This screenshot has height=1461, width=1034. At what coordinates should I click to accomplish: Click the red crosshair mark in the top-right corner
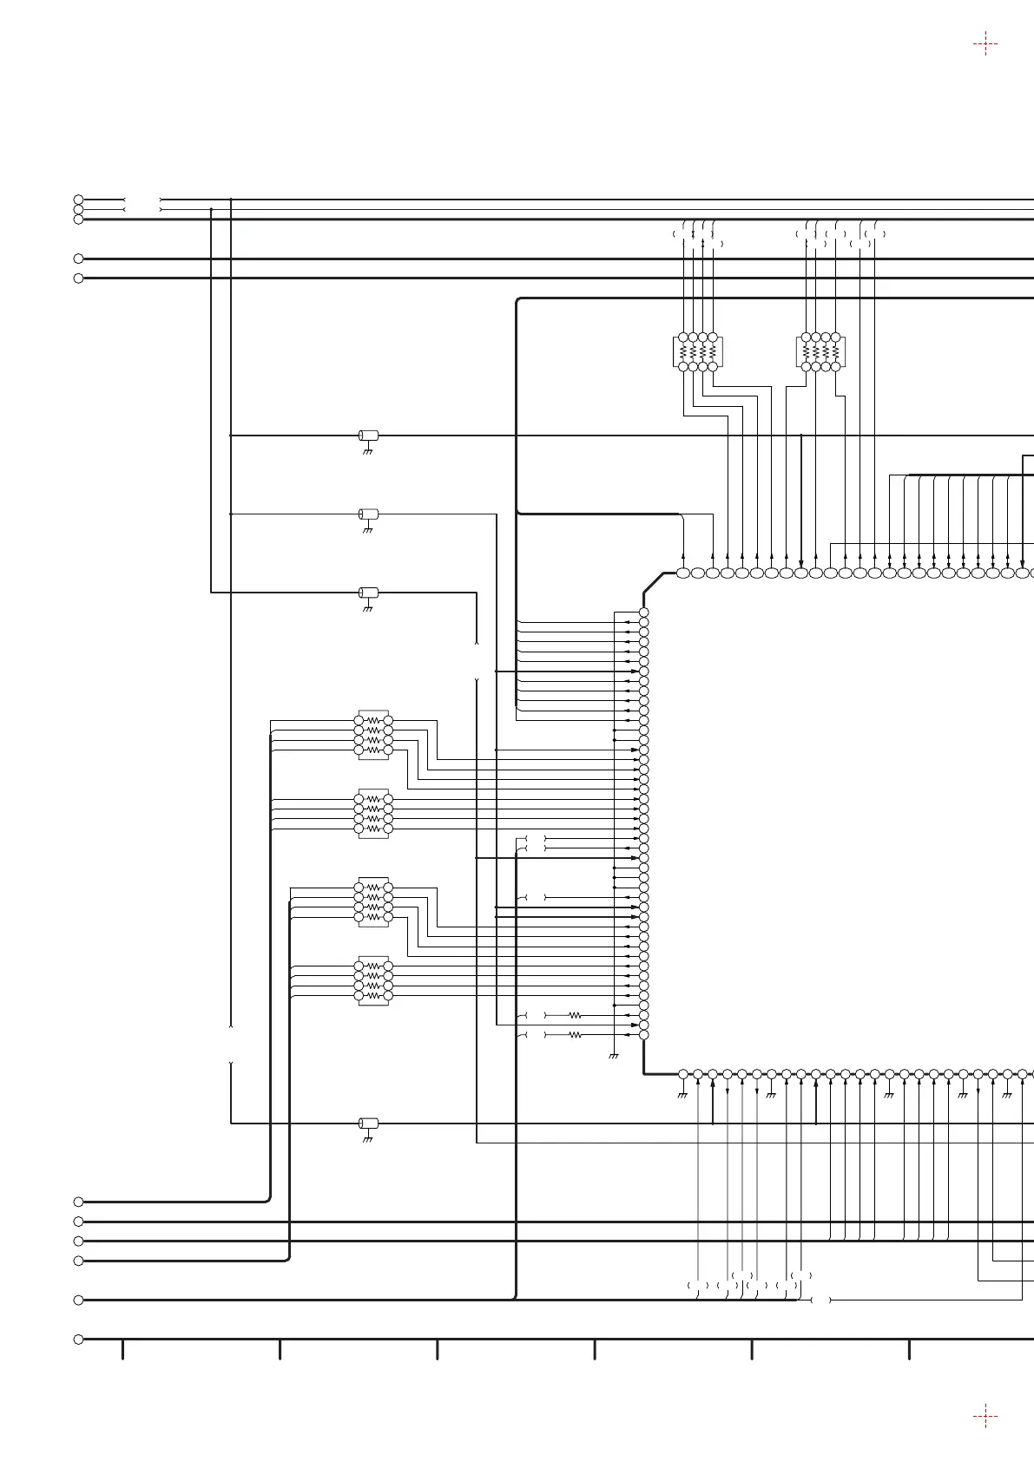pos(985,43)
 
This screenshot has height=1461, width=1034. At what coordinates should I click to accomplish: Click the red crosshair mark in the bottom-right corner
pos(985,1417)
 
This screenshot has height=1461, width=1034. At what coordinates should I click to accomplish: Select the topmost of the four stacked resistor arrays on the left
pos(373,735)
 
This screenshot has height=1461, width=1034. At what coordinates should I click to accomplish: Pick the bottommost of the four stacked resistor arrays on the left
pos(373,981)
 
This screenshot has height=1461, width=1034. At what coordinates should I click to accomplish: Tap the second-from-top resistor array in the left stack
pos(373,814)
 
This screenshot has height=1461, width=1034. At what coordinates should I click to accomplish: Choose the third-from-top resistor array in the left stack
pos(373,902)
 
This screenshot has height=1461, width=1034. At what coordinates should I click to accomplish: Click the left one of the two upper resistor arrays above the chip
pos(698,352)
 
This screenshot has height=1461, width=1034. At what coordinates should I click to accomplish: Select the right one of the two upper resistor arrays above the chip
pos(820,352)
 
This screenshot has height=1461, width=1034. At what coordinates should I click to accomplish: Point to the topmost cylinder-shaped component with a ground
pos(368,436)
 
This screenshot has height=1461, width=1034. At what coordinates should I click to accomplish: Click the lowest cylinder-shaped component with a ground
pos(368,1124)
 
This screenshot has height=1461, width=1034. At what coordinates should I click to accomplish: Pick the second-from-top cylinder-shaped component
pos(368,514)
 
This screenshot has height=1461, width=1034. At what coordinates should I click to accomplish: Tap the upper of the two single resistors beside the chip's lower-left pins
pos(575,1015)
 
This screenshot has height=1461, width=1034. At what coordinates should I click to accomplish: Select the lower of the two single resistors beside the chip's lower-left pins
pos(575,1035)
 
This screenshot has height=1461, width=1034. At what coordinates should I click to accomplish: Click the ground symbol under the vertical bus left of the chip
pos(614,1057)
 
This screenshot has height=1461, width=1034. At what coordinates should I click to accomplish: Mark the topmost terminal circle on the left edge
pos(78,200)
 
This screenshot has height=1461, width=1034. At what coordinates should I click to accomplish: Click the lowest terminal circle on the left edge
pos(78,1339)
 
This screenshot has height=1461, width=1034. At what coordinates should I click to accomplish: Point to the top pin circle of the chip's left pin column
pos(643,613)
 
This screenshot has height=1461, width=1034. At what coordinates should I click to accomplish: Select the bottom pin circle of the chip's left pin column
pos(643,1035)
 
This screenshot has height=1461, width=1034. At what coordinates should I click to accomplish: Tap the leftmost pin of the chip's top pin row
pos(683,573)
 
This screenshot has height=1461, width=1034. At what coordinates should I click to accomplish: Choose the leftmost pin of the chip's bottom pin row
pos(683,1074)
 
